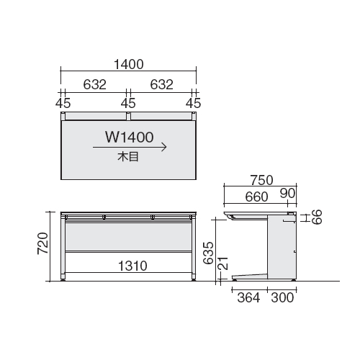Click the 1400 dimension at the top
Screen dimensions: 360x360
[129, 64]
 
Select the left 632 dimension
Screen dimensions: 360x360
[94, 84]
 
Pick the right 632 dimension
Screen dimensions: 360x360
[161, 84]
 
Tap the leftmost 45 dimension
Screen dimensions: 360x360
[63, 103]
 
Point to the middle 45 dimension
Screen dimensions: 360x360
[128, 103]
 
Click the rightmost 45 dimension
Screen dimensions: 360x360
[193, 103]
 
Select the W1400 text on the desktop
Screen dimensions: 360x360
[130, 138]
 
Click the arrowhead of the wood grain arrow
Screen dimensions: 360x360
[164, 147]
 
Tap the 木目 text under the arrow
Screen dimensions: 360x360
[128, 157]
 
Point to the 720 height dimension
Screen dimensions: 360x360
[43, 243]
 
